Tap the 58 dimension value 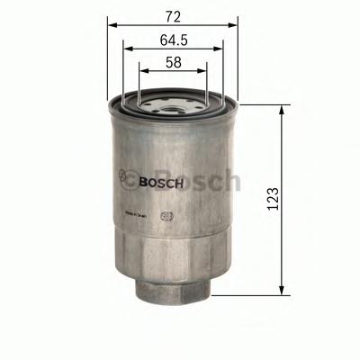(x=175, y=62)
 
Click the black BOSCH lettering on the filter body (x=162, y=182)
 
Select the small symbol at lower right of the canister (x=165, y=216)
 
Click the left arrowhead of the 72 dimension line (x=112, y=26)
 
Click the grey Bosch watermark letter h (x=231, y=183)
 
